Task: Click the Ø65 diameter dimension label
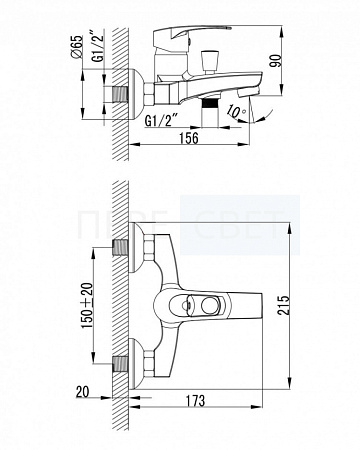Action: (x=77, y=47)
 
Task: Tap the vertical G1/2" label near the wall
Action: (x=98, y=46)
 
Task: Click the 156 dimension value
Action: (x=189, y=137)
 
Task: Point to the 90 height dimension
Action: (x=276, y=60)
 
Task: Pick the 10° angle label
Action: (x=236, y=111)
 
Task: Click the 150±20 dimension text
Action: (x=88, y=305)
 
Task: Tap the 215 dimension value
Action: (x=283, y=305)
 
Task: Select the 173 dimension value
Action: (x=195, y=401)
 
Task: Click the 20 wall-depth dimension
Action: (x=83, y=392)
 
